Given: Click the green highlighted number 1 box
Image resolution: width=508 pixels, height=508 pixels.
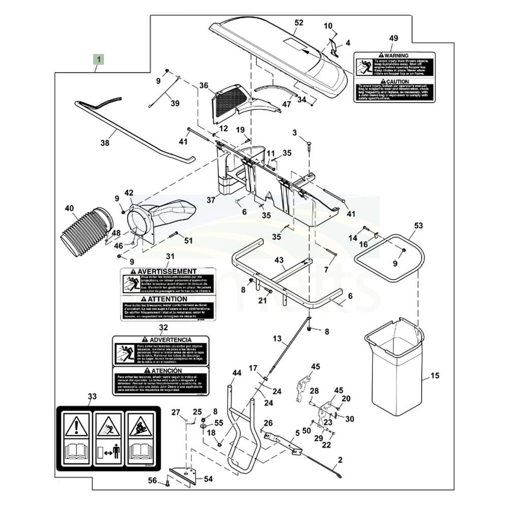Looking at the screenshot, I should coord(99,59).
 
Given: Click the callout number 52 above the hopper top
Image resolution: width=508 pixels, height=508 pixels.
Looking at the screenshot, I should coord(299,22).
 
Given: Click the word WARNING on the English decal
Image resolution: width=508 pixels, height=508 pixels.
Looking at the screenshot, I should coord(397,54).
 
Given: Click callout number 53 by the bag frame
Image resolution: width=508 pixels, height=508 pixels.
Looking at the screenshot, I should coord(418,225).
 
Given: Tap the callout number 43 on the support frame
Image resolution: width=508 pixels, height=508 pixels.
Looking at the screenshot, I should coord(279,260).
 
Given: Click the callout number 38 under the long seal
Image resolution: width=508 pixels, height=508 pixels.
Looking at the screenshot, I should coord(105,143).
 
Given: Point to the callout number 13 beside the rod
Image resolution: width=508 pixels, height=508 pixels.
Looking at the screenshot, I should coord(277,338).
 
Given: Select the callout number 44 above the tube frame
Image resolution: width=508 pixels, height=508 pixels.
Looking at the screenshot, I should coord(236,373).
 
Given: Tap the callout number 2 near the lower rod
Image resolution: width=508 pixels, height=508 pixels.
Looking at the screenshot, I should coord(340,460).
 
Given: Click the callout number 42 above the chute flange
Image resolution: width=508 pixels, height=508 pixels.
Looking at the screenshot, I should coord(129,193).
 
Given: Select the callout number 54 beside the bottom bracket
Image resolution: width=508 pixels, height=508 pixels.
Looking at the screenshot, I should coord(208,479).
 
